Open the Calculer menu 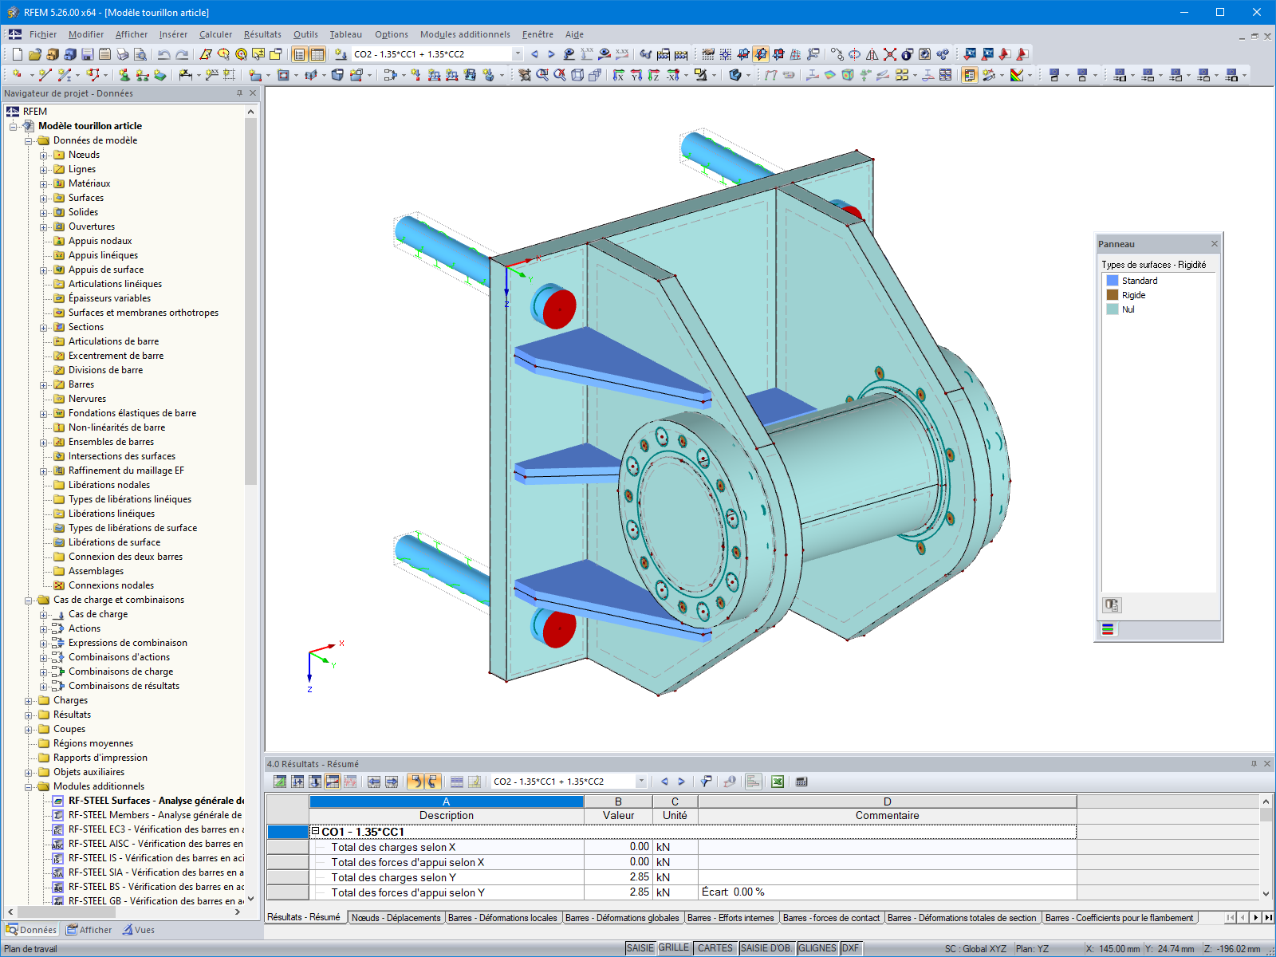pyautogui.click(x=215, y=34)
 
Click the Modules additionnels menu pyautogui.click(x=465, y=34)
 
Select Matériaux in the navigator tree pyautogui.click(x=89, y=183)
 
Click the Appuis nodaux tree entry pyautogui.click(x=100, y=241)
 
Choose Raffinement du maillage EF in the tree pyautogui.click(x=126, y=471)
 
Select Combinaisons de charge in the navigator pyautogui.click(x=120, y=671)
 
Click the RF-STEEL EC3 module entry pyautogui.click(x=156, y=829)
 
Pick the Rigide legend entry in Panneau pyautogui.click(x=1133, y=295)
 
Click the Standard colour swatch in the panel pyautogui.click(x=1112, y=281)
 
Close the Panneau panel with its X pyautogui.click(x=1214, y=244)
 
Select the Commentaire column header pyautogui.click(x=887, y=815)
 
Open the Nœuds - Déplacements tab pyautogui.click(x=396, y=918)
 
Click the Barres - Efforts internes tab pyautogui.click(x=730, y=918)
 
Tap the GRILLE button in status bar pyautogui.click(x=673, y=947)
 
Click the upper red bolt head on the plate pyautogui.click(x=557, y=307)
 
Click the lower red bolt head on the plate pyautogui.click(x=557, y=629)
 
